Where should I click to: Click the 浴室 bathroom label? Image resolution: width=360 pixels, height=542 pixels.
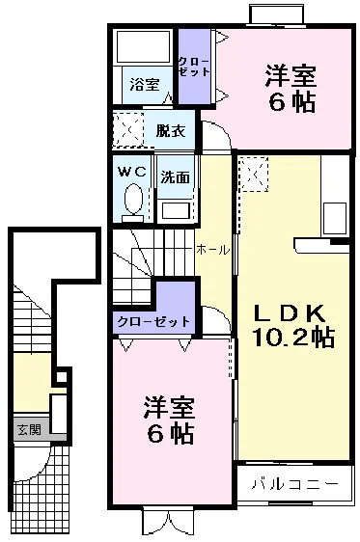(x=145, y=84)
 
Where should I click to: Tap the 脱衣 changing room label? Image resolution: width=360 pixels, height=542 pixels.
(x=171, y=130)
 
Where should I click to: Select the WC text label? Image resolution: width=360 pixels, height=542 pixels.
(x=132, y=172)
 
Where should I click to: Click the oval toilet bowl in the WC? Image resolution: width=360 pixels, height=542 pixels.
(x=133, y=199)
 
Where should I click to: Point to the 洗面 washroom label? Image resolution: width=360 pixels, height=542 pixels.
(x=176, y=177)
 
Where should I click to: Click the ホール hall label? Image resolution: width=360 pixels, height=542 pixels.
(x=213, y=250)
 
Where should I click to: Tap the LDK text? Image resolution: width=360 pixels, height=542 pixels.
(x=290, y=313)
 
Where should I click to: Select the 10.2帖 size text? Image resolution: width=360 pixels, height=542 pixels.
(x=293, y=338)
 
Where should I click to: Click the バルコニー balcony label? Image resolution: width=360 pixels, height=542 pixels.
(x=294, y=483)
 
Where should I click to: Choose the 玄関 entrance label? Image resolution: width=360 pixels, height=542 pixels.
(x=29, y=430)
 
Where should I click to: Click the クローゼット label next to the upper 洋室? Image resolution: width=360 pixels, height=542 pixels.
(x=194, y=67)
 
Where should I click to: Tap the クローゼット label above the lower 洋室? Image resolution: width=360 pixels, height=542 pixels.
(x=153, y=322)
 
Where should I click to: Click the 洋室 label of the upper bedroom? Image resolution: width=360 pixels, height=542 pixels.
(x=291, y=76)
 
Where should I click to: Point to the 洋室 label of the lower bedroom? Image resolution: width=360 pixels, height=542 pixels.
(x=170, y=408)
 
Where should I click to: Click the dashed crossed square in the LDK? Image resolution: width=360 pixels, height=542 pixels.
(x=254, y=174)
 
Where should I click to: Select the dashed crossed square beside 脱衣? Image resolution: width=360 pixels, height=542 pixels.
(x=128, y=129)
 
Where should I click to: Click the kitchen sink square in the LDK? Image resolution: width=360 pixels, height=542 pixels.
(x=334, y=218)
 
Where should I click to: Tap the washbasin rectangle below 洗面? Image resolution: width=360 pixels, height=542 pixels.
(x=176, y=210)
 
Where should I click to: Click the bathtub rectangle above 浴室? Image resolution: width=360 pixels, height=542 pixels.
(x=145, y=46)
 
